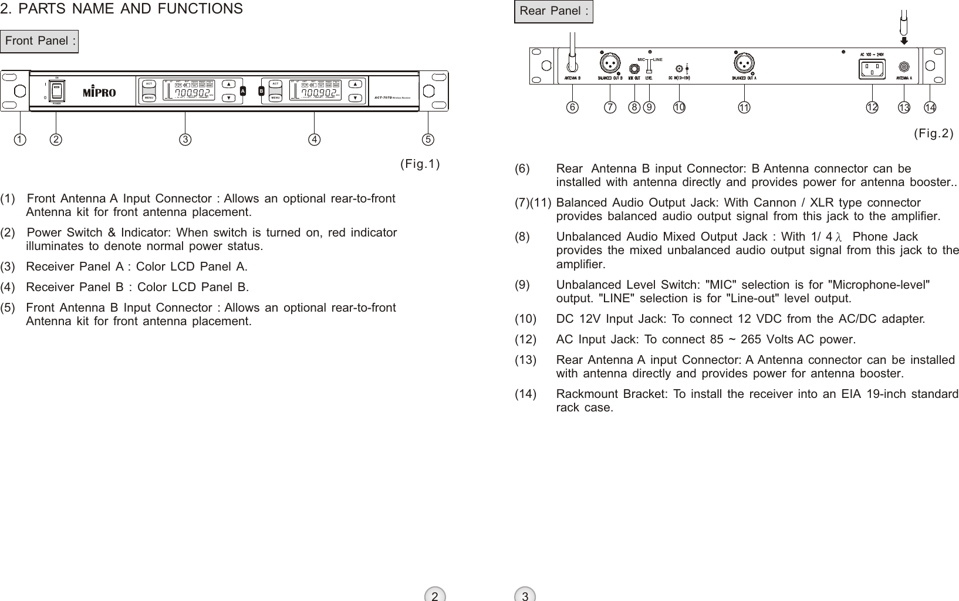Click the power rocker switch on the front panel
click(57, 90)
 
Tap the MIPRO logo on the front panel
click(99, 93)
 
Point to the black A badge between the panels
click(243, 91)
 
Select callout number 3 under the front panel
click(185, 140)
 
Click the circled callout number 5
click(428, 140)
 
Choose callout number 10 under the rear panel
click(679, 107)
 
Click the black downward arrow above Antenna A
click(904, 40)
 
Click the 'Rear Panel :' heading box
click(553, 12)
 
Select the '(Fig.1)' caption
click(420, 163)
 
